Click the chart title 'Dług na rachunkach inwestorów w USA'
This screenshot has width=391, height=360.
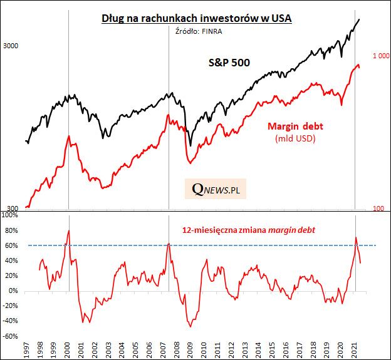pyautogui.click(x=197, y=18)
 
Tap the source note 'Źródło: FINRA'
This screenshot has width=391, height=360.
pyautogui.click(x=196, y=30)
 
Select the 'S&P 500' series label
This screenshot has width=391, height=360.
pyautogui.click(x=229, y=63)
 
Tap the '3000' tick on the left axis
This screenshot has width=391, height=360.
pyautogui.click(x=11, y=46)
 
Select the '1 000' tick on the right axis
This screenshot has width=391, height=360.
pyautogui.click(x=381, y=56)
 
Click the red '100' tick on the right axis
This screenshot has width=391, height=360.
pyautogui.click(x=378, y=208)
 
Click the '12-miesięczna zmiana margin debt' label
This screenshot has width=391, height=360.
pyautogui.click(x=248, y=230)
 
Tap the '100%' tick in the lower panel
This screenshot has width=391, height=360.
pyautogui.click(x=9, y=215)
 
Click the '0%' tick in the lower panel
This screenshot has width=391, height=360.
pyautogui.click(x=13, y=291)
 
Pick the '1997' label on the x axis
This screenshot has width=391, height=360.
pyautogui.click(x=26, y=349)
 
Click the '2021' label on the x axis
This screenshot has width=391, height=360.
pyautogui.click(x=355, y=349)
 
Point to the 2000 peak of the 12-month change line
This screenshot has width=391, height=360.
pyautogui.click(x=68, y=230)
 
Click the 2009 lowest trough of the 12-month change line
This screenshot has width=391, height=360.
pyautogui.click(x=190, y=326)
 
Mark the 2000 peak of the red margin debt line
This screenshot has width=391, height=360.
pyautogui.click(x=68, y=136)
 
